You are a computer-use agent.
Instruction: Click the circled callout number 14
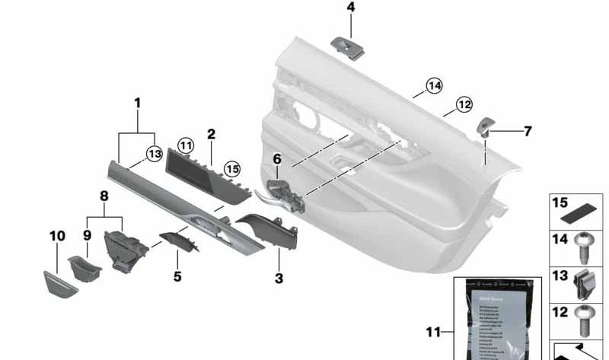(x=434, y=86)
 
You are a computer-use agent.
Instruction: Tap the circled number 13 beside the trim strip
(x=155, y=154)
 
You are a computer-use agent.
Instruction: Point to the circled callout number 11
(x=186, y=144)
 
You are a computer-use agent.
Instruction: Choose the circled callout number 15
(x=231, y=167)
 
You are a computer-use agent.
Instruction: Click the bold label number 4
(x=350, y=8)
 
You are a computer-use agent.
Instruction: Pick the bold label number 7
(x=527, y=132)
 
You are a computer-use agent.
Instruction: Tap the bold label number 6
(x=277, y=159)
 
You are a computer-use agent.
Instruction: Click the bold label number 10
(x=58, y=236)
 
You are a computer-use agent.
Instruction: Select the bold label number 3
(x=279, y=279)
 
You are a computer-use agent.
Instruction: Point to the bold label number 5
(x=177, y=276)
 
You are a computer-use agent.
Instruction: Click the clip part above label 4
(x=349, y=46)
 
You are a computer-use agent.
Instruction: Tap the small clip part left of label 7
(x=486, y=126)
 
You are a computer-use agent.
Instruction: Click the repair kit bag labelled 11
(x=497, y=320)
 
